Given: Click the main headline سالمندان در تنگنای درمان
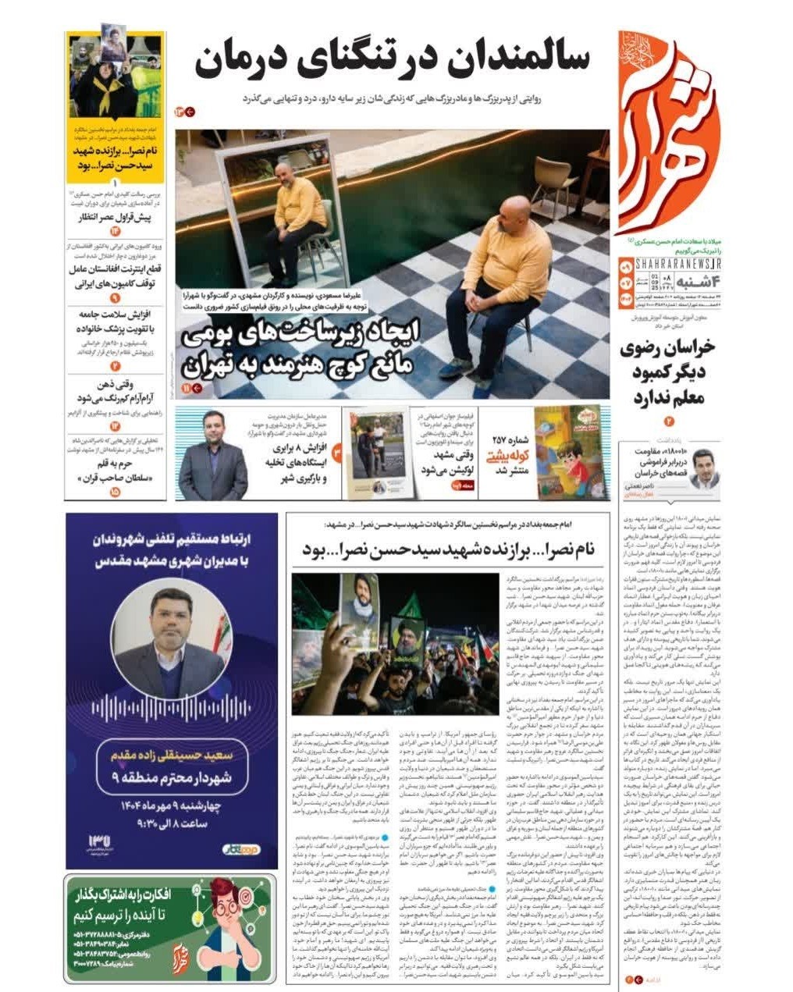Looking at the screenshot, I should click(x=392, y=61).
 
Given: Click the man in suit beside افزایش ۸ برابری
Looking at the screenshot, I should click(x=212, y=456).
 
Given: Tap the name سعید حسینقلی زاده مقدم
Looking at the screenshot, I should click(x=171, y=756).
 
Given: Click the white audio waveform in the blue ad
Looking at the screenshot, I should click(x=171, y=708).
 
